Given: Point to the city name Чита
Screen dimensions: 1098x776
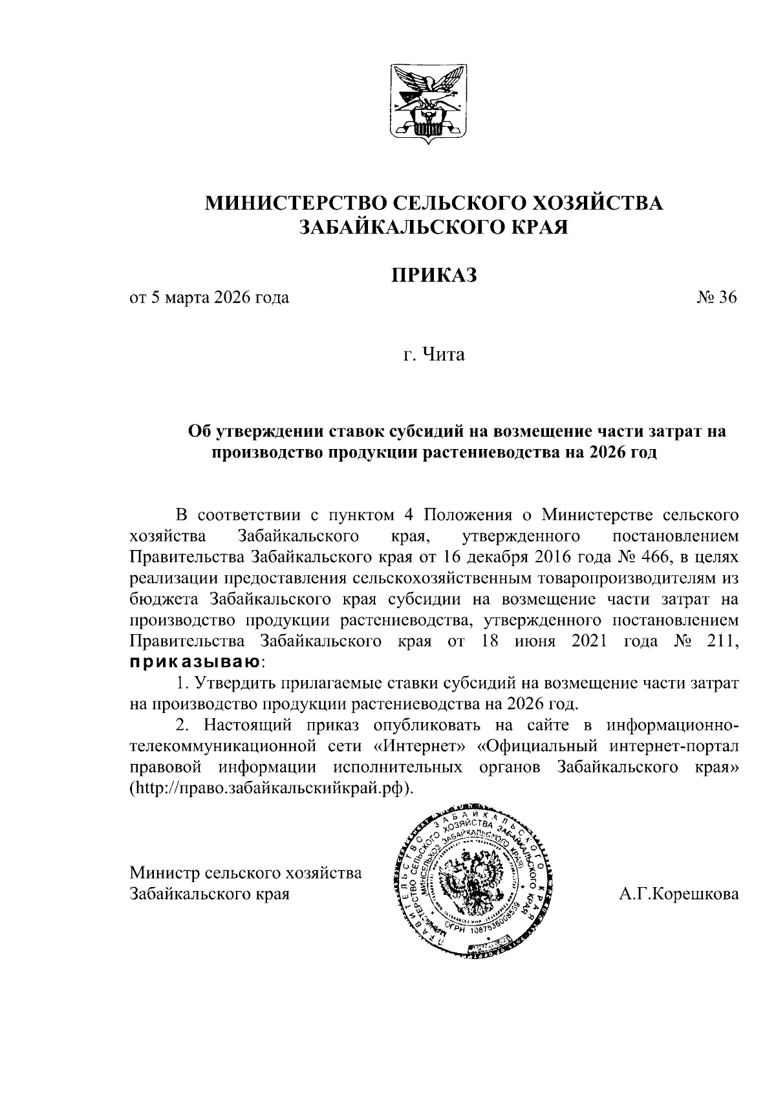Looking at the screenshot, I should [x=444, y=355].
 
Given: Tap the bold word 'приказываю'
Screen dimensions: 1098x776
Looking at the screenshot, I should [x=195, y=662].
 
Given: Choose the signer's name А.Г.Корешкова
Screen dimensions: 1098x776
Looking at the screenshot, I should [x=678, y=895].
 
